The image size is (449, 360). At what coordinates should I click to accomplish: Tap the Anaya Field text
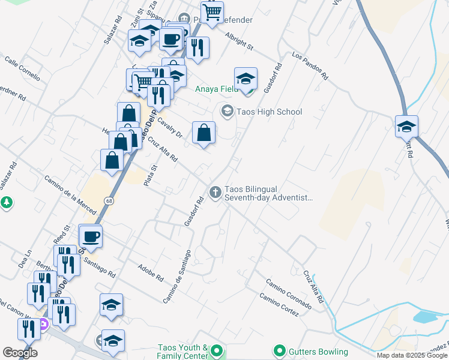pos(217,89)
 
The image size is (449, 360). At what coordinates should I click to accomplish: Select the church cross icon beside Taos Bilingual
pos(215,191)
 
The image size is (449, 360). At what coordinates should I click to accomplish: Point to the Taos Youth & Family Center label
pos(182,352)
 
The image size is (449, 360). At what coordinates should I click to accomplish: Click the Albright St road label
pos(240,41)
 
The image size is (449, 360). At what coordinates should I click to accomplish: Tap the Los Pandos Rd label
pos(310,65)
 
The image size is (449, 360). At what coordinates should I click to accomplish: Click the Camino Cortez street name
pos(279,304)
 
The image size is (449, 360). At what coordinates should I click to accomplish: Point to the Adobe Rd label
pos(151,273)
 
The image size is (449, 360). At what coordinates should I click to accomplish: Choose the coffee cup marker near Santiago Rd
pos(91,236)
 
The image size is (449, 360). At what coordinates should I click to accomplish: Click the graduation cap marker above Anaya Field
pos(246,79)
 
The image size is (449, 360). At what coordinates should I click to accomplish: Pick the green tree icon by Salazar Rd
pos(7,203)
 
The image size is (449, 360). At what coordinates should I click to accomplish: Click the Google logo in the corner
pos(19,353)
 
